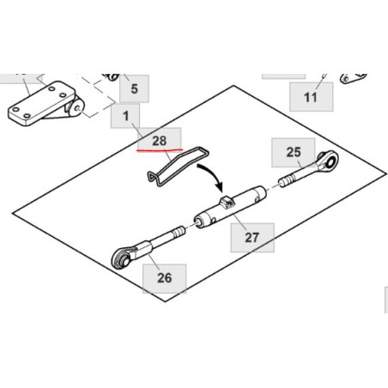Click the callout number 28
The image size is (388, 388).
click(x=160, y=141)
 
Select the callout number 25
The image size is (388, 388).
click(x=294, y=152)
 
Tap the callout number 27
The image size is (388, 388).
click(x=252, y=238)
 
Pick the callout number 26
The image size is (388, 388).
click(x=165, y=278)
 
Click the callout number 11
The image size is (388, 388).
click(x=311, y=97)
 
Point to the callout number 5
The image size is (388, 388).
click(x=134, y=88)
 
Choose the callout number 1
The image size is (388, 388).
click(x=125, y=116)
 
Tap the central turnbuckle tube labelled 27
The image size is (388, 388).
click(x=230, y=207)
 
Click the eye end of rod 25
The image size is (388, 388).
click(x=329, y=161)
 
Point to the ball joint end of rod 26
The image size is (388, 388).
click(x=122, y=257)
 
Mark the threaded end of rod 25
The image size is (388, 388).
click(x=287, y=180)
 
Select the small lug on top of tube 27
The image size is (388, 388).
click(x=227, y=203)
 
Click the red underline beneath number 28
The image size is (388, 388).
click(x=160, y=149)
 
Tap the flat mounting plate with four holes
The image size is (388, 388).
click(x=41, y=103)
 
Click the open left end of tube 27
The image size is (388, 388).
click(x=199, y=222)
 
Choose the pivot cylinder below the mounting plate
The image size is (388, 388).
click(x=76, y=108)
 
